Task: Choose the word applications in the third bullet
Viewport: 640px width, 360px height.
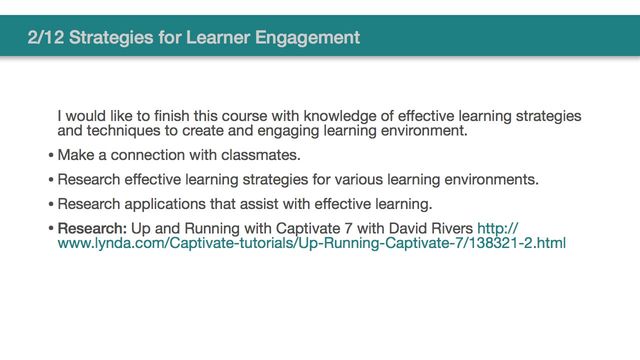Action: point(169,204)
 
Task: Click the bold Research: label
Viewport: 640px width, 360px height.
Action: point(92,228)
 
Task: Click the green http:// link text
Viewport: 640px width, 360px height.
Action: point(498,228)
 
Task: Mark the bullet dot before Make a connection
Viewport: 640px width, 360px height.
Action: point(51,156)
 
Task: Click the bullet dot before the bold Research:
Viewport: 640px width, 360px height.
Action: point(51,229)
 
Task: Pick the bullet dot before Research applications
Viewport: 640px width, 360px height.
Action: point(51,205)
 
